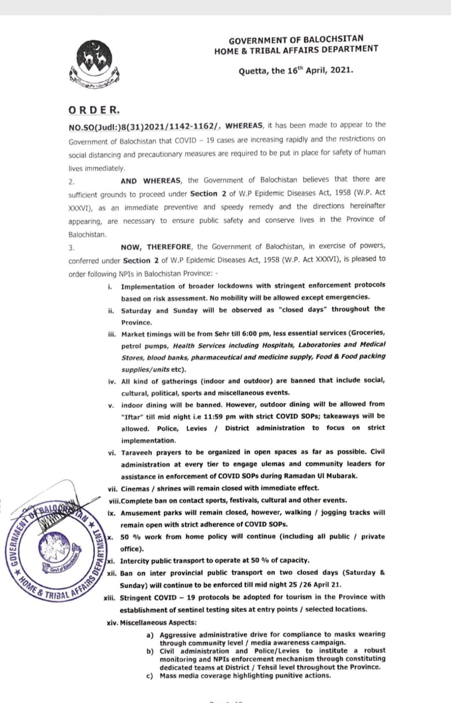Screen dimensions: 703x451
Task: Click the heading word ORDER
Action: [x=93, y=109]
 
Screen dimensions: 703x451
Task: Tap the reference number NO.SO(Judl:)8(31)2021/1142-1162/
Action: [x=145, y=125]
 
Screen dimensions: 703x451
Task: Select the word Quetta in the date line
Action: [x=253, y=71]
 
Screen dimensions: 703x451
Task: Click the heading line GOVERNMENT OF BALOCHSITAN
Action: [x=296, y=40]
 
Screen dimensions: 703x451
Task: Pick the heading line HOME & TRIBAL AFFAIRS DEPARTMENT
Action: [x=296, y=49]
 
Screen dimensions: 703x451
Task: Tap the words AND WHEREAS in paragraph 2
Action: [x=152, y=180]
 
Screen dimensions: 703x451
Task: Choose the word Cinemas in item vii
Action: [x=135, y=488]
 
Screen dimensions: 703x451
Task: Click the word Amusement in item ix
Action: [x=141, y=512]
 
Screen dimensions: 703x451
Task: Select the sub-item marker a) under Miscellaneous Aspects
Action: [x=150, y=634]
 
